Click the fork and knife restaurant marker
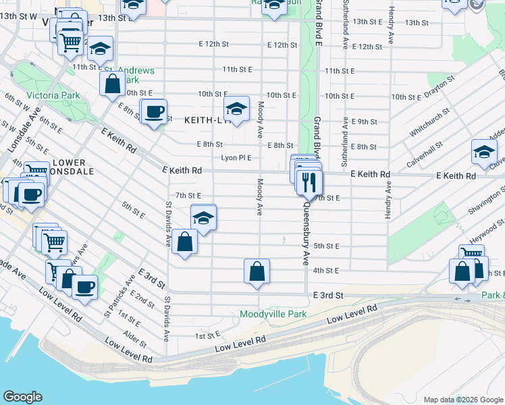point(310,182)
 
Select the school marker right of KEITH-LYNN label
point(236,109)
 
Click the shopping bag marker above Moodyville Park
point(257,271)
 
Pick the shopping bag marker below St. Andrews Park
point(112,84)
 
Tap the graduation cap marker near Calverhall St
point(484,153)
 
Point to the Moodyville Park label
point(273,314)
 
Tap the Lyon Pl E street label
point(236,158)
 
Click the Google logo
point(23,397)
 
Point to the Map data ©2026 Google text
point(462,400)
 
